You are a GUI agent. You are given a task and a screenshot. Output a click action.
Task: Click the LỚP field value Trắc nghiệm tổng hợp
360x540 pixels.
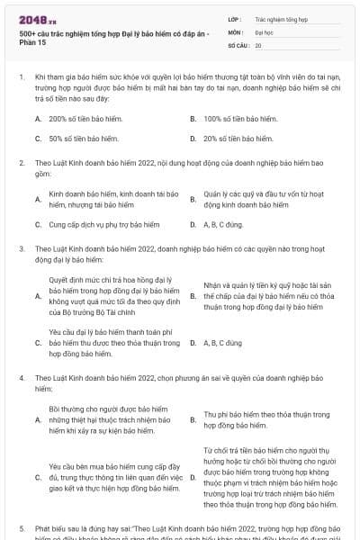281,18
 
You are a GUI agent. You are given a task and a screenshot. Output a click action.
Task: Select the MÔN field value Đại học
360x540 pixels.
265,31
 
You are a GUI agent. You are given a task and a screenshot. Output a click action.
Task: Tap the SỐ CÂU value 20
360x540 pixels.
259,44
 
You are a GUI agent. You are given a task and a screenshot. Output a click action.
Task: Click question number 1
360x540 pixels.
21,79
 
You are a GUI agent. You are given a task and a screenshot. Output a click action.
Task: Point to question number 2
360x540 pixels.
21,163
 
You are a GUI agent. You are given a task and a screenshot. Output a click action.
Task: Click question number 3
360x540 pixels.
21,247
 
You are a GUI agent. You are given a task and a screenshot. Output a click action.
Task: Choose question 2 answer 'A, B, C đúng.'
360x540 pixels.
223,224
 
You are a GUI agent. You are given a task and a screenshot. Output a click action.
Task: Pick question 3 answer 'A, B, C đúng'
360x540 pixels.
222,343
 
